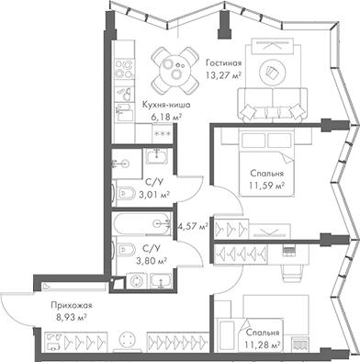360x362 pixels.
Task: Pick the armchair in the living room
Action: (273, 69)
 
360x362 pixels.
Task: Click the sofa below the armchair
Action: (272, 100)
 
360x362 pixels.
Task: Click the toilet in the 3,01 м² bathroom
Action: (123, 193)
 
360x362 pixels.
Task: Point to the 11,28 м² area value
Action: (263, 345)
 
